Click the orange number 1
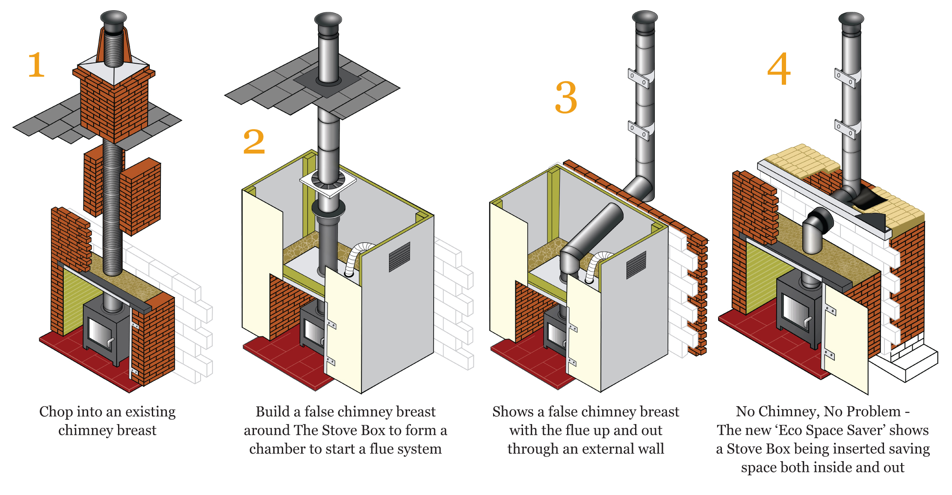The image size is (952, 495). tap(36, 65)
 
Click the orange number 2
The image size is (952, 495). tap(254, 142)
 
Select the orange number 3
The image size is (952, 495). tap(566, 98)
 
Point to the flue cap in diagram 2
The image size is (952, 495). tap(328, 20)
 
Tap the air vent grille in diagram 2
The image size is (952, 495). tap(399, 256)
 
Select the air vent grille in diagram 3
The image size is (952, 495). tap(636, 265)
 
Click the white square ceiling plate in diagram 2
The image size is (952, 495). tap(328, 183)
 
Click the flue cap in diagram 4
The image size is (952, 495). tap(851, 19)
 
